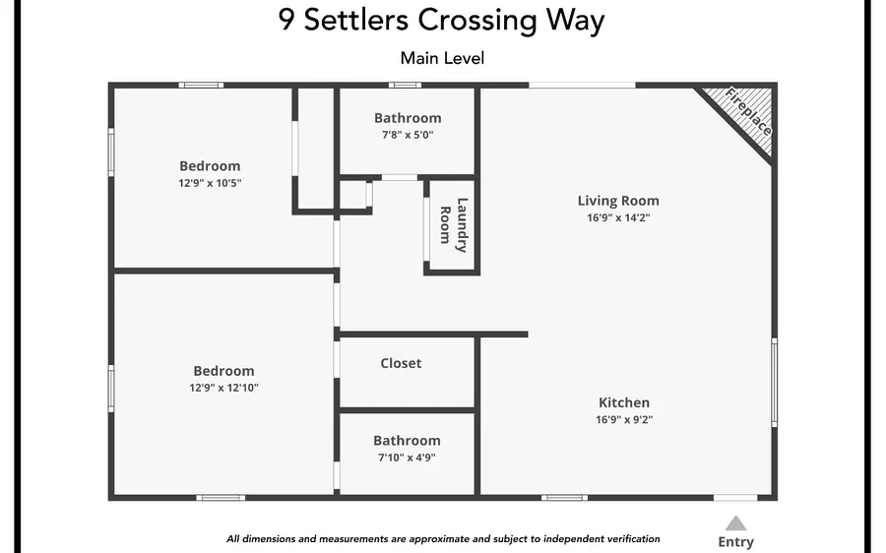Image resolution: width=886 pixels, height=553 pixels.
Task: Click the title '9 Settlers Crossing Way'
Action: [x=442, y=21]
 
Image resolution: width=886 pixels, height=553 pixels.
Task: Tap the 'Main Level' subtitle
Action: [x=442, y=58]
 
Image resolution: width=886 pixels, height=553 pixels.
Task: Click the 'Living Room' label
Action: [x=618, y=201]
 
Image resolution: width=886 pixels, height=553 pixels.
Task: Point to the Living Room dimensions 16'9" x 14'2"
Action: [x=618, y=217]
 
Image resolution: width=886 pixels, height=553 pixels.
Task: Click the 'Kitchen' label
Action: [x=624, y=402]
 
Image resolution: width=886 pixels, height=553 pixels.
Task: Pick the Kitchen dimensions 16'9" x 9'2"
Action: [x=624, y=419]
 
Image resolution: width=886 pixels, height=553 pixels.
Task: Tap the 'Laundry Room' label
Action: [x=454, y=223]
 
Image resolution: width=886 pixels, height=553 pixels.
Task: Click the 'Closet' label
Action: [x=401, y=363]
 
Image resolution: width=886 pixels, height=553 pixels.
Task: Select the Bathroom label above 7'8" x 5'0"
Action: [x=408, y=118]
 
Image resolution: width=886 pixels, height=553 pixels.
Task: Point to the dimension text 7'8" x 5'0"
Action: [x=408, y=135]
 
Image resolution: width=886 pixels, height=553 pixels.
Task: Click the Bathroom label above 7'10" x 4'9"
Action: [x=407, y=441]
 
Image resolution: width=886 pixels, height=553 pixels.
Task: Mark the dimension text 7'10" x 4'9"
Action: [x=407, y=458]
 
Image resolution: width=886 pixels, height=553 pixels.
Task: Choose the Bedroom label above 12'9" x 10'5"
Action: [x=210, y=165]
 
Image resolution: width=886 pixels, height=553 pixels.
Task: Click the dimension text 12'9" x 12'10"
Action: [x=224, y=388]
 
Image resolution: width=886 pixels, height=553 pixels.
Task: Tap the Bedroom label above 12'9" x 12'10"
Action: [x=223, y=371]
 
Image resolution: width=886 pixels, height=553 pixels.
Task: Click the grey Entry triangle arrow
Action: [x=735, y=523]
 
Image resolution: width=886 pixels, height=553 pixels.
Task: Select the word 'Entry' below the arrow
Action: [x=735, y=541]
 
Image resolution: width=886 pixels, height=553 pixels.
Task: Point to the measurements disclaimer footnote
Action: [x=443, y=538]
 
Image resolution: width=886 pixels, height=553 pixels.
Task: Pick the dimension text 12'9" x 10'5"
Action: [x=210, y=182]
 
